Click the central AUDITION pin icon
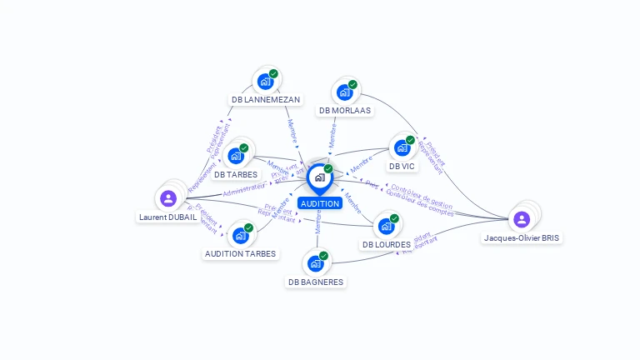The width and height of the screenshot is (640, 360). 319,177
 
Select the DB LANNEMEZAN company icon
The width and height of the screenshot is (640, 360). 265,81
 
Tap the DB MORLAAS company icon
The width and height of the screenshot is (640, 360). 344,92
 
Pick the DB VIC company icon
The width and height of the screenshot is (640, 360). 402,147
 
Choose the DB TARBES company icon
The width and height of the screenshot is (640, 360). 237,155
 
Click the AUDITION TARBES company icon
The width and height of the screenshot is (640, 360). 240,235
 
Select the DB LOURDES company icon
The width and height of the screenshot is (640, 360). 386,225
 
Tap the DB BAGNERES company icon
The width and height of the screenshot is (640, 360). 315,263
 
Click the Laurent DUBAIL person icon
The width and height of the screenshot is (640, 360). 168,198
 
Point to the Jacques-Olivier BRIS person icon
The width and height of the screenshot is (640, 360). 522,219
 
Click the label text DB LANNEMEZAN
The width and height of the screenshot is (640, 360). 266,100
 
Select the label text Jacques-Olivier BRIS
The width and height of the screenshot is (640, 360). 522,237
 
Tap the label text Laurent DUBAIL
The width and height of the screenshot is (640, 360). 167,217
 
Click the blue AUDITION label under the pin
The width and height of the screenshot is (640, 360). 320,203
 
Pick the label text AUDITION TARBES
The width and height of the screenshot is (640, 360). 240,253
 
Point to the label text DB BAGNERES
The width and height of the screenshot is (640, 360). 316,282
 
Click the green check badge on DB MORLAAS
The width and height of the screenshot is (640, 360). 352,84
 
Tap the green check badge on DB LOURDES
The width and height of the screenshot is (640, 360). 394,218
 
